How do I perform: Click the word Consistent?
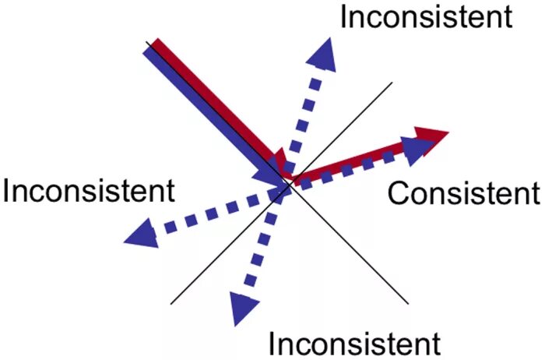click(462, 192)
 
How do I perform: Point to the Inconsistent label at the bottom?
click(354, 342)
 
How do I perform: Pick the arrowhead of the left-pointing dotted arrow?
click(141, 231)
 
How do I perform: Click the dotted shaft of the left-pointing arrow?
click(210, 210)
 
